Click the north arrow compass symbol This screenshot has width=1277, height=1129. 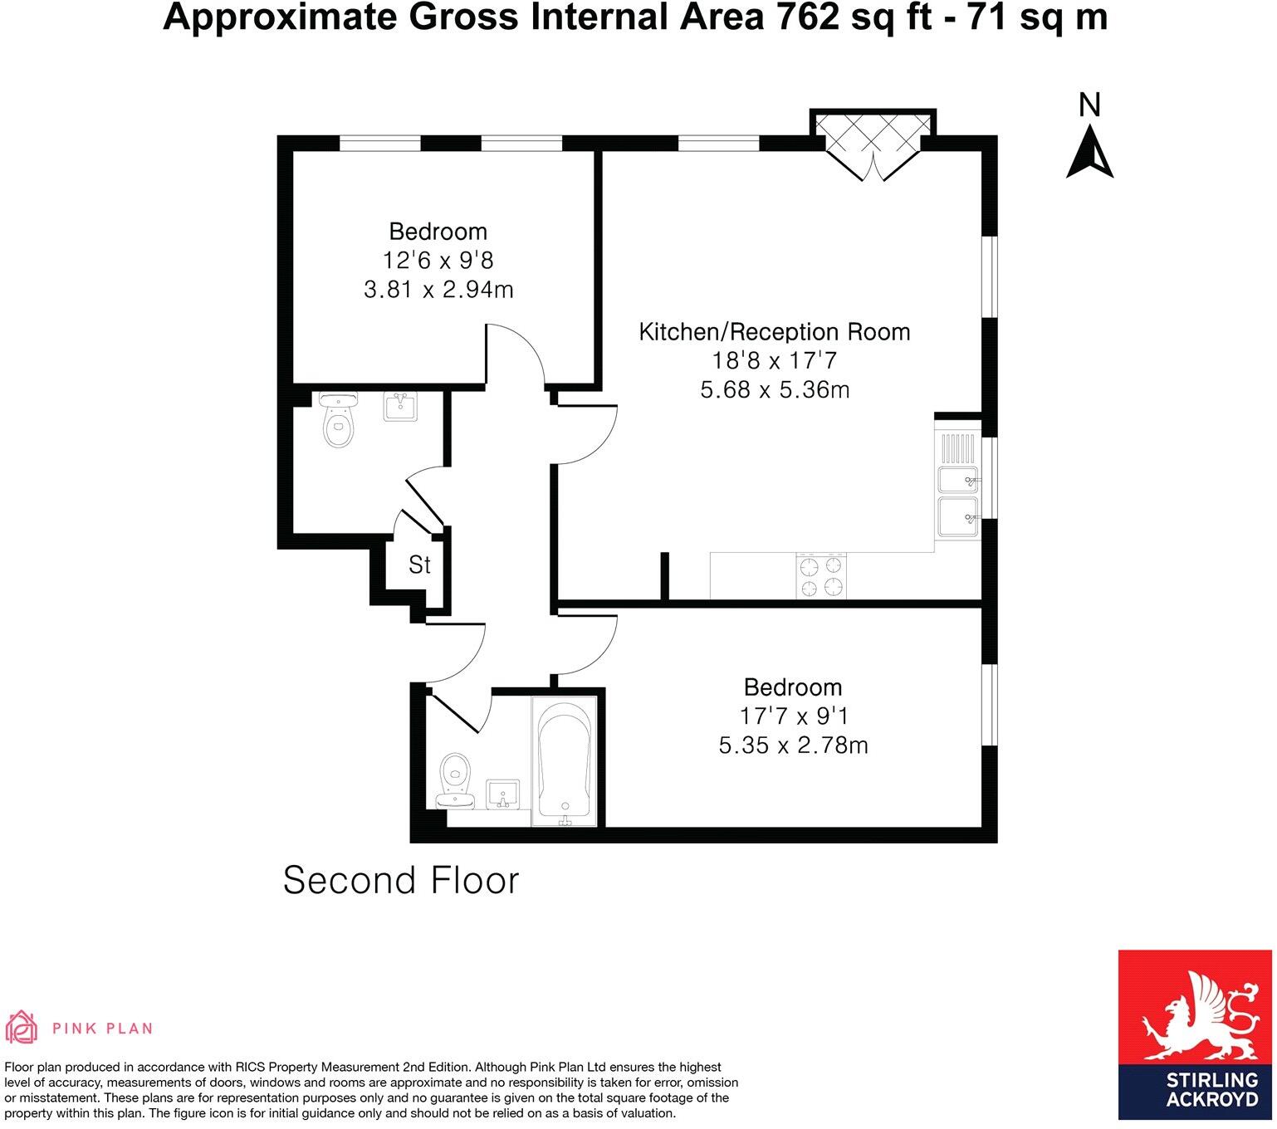1089,154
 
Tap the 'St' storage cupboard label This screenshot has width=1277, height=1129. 419,565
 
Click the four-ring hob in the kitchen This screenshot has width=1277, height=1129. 822,576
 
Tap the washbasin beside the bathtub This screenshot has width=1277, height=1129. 502,794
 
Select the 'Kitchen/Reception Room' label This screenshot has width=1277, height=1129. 774,332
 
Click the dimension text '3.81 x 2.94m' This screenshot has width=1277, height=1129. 438,290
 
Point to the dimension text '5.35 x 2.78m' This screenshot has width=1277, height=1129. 793,745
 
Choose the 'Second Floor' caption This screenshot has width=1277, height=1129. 401,881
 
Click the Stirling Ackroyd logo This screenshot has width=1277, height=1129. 1195,1039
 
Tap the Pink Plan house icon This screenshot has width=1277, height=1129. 22,1028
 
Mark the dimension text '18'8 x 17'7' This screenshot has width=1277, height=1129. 774,361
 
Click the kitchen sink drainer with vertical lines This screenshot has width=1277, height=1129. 958,448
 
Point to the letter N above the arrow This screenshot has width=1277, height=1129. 1089,105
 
